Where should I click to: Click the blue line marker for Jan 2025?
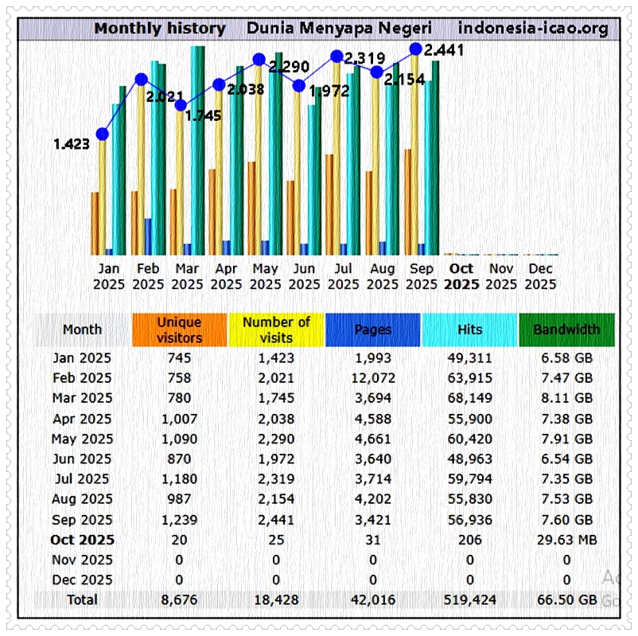click(x=102, y=134)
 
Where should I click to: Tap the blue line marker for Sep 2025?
click(x=415, y=49)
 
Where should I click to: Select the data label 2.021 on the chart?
click(x=165, y=97)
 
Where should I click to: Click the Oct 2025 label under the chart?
click(x=461, y=276)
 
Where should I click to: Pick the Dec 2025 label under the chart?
click(x=540, y=276)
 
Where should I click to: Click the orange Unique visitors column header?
click(x=179, y=330)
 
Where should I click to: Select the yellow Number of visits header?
click(x=276, y=330)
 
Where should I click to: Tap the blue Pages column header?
click(x=372, y=330)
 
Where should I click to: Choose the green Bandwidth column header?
click(x=566, y=330)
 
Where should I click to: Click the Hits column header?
click(x=469, y=330)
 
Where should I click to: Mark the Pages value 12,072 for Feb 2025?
click(x=372, y=378)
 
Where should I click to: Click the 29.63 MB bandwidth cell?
click(x=566, y=540)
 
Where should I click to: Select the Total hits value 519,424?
click(x=469, y=599)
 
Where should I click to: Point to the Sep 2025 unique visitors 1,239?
click(x=179, y=519)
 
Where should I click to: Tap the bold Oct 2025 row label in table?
click(x=83, y=540)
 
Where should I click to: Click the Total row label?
click(x=83, y=599)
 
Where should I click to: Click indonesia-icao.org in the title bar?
click(x=533, y=29)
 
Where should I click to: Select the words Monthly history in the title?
click(x=160, y=29)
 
